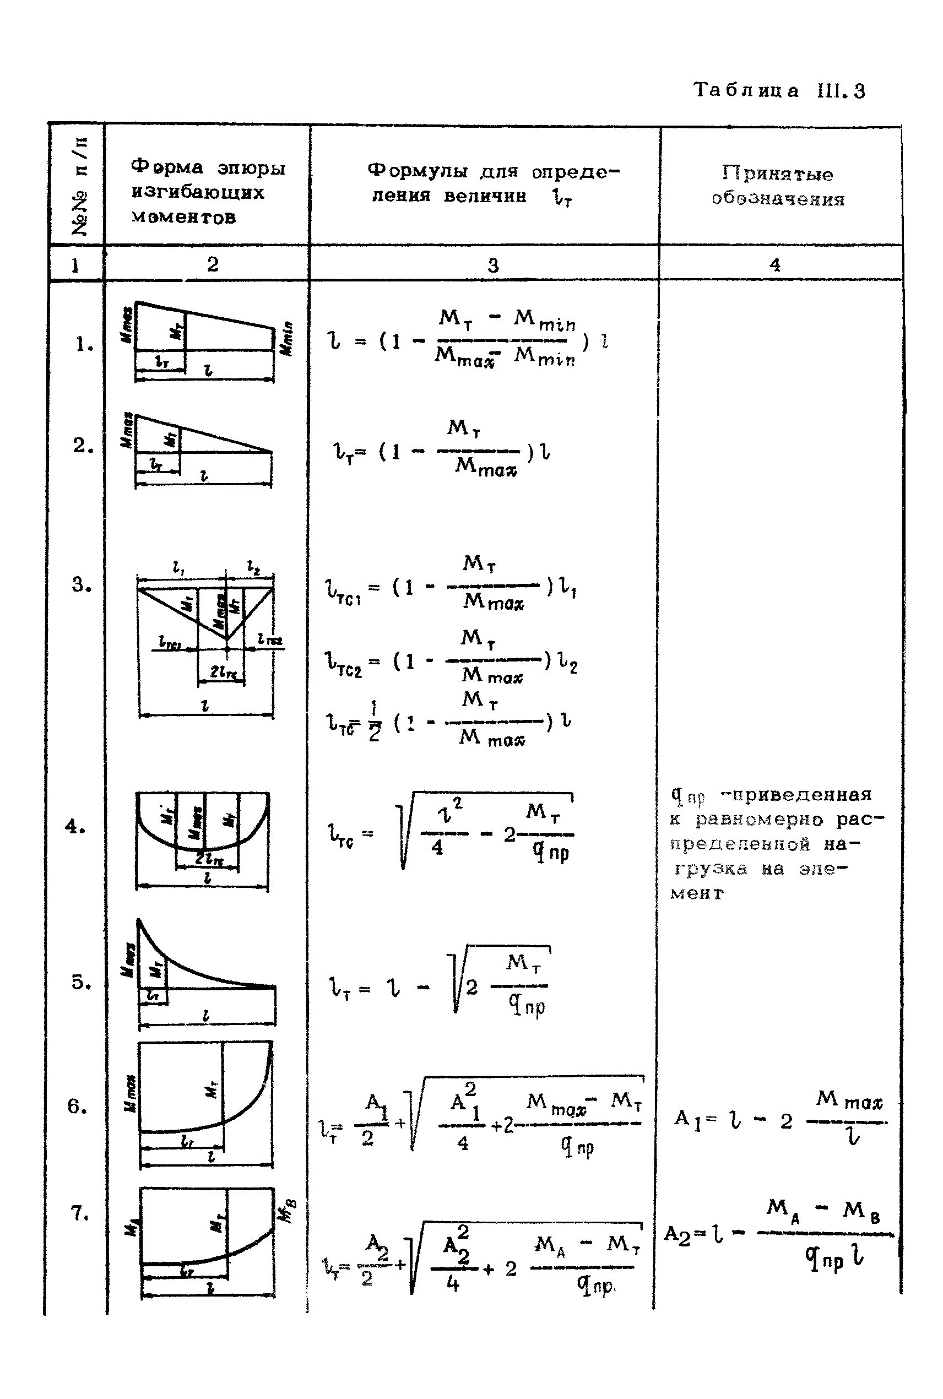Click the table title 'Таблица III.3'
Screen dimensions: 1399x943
pos(779,91)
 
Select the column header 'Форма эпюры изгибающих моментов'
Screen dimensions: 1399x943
pos(208,192)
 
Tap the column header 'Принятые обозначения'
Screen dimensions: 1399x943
pos(778,186)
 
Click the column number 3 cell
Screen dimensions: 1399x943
pos(492,265)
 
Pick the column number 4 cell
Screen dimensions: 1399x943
pos(774,264)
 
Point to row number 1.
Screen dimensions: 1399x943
pos(84,344)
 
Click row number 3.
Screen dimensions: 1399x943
pos(81,584)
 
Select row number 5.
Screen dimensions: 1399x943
pos(80,982)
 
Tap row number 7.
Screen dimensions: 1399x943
pos(79,1213)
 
